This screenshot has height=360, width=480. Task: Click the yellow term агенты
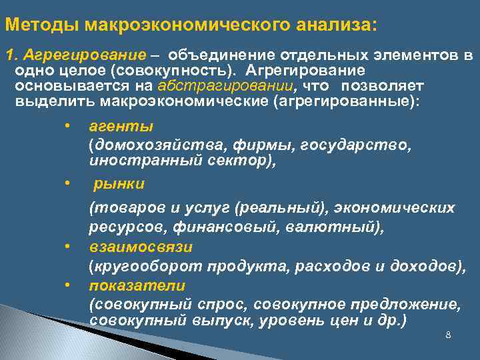(121, 125)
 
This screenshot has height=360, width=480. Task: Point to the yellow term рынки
(119, 183)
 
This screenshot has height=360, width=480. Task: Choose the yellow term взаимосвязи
(141, 247)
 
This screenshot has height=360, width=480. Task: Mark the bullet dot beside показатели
(67, 285)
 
